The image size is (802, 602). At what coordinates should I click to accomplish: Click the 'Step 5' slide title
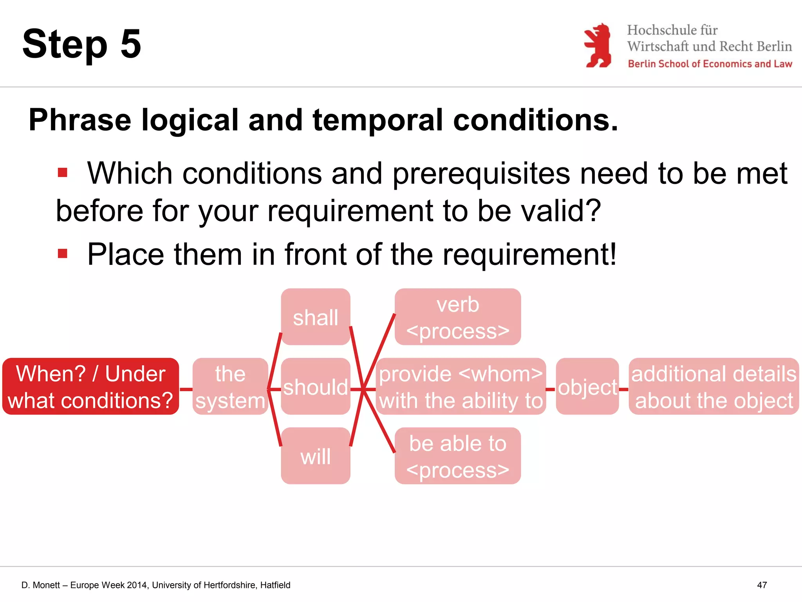tap(81, 44)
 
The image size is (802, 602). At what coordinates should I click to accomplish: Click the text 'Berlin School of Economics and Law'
tap(710, 64)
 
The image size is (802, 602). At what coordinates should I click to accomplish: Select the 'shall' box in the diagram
tap(315, 317)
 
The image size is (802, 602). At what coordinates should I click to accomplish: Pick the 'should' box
tap(315, 387)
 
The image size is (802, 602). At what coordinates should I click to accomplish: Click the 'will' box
tap(315, 456)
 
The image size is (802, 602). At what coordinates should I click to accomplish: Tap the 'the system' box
tap(230, 387)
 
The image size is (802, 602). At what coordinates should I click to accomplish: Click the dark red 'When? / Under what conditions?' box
tap(90, 387)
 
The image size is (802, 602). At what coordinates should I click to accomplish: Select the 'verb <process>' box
tap(457, 317)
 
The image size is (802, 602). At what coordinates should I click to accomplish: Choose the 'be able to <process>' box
tap(457, 456)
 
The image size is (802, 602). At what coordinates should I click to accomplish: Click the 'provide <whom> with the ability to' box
tap(461, 387)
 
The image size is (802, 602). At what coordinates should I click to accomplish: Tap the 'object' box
tap(587, 387)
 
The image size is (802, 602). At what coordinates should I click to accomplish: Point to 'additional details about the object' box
tap(713, 387)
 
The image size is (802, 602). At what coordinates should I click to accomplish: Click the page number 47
tap(762, 585)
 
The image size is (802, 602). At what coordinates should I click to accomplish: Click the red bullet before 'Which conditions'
tap(63, 172)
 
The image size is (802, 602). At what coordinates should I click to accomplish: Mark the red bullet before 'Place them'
tap(63, 254)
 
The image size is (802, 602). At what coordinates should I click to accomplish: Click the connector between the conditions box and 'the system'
tap(186, 389)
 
